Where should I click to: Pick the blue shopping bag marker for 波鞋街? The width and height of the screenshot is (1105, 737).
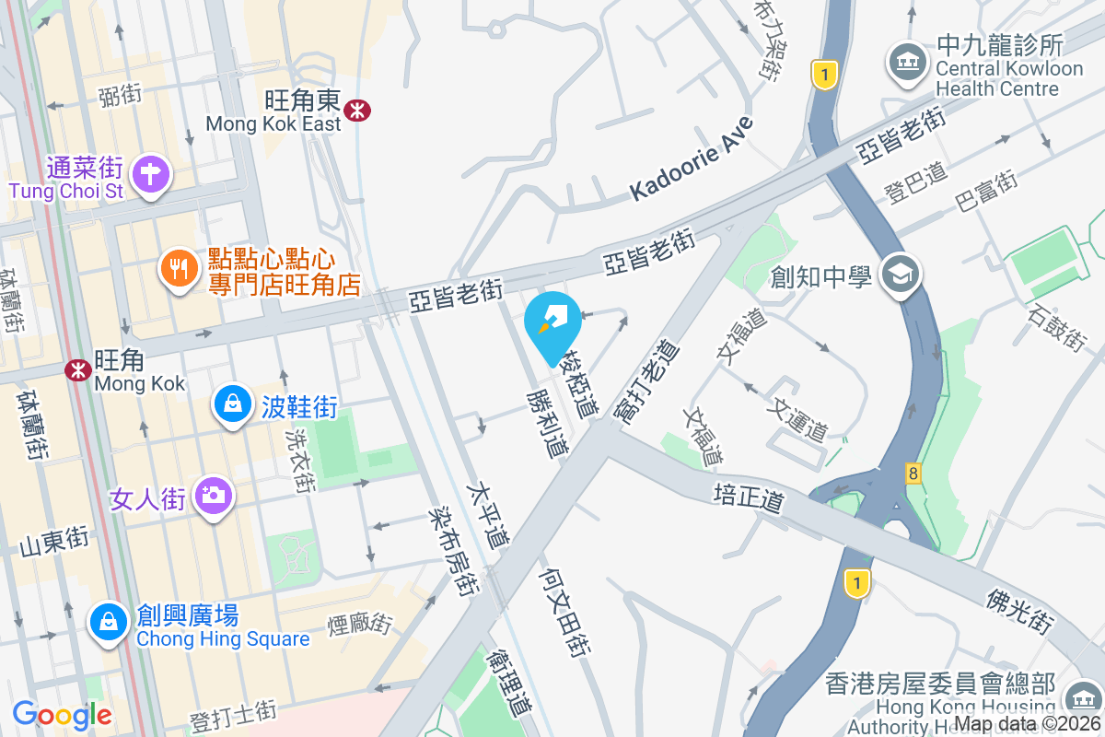point(234,404)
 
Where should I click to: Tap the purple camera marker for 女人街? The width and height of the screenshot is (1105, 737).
point(213,497)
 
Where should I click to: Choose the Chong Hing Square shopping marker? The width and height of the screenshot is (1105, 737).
point(109,622)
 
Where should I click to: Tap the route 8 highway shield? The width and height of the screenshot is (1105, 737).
point(913,474)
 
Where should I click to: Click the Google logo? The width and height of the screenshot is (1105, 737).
point(62,714)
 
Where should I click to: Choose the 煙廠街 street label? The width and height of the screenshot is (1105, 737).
point(359,624)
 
